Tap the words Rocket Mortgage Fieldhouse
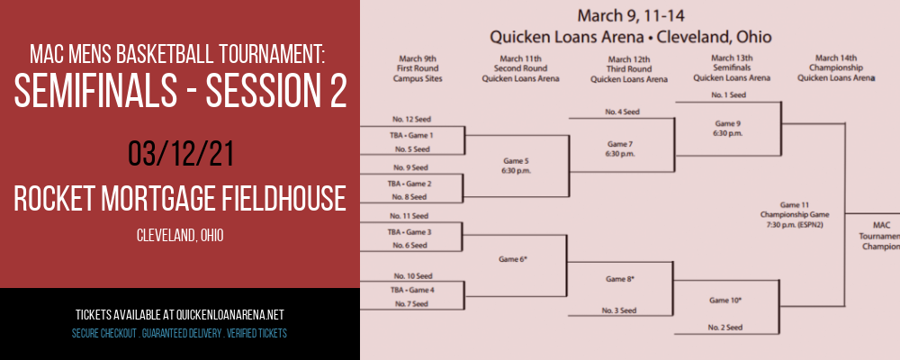(180, 199)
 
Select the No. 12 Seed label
(411, 120)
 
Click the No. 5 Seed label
(411, 149)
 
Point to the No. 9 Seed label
(411, 167)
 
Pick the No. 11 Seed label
(409, 216)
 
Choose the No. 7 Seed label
(411, 303)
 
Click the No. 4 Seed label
(622, 112)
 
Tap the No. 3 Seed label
(619, 310)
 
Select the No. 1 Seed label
(728, 95)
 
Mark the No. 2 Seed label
(725, 328)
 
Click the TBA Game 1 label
(411, 136)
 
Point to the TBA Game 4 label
(412, 290)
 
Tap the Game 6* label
(513, 259)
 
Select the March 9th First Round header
(418, 68)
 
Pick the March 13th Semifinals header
(731, 67)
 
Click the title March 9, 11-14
(631, 15)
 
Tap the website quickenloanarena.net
(229, 315)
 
